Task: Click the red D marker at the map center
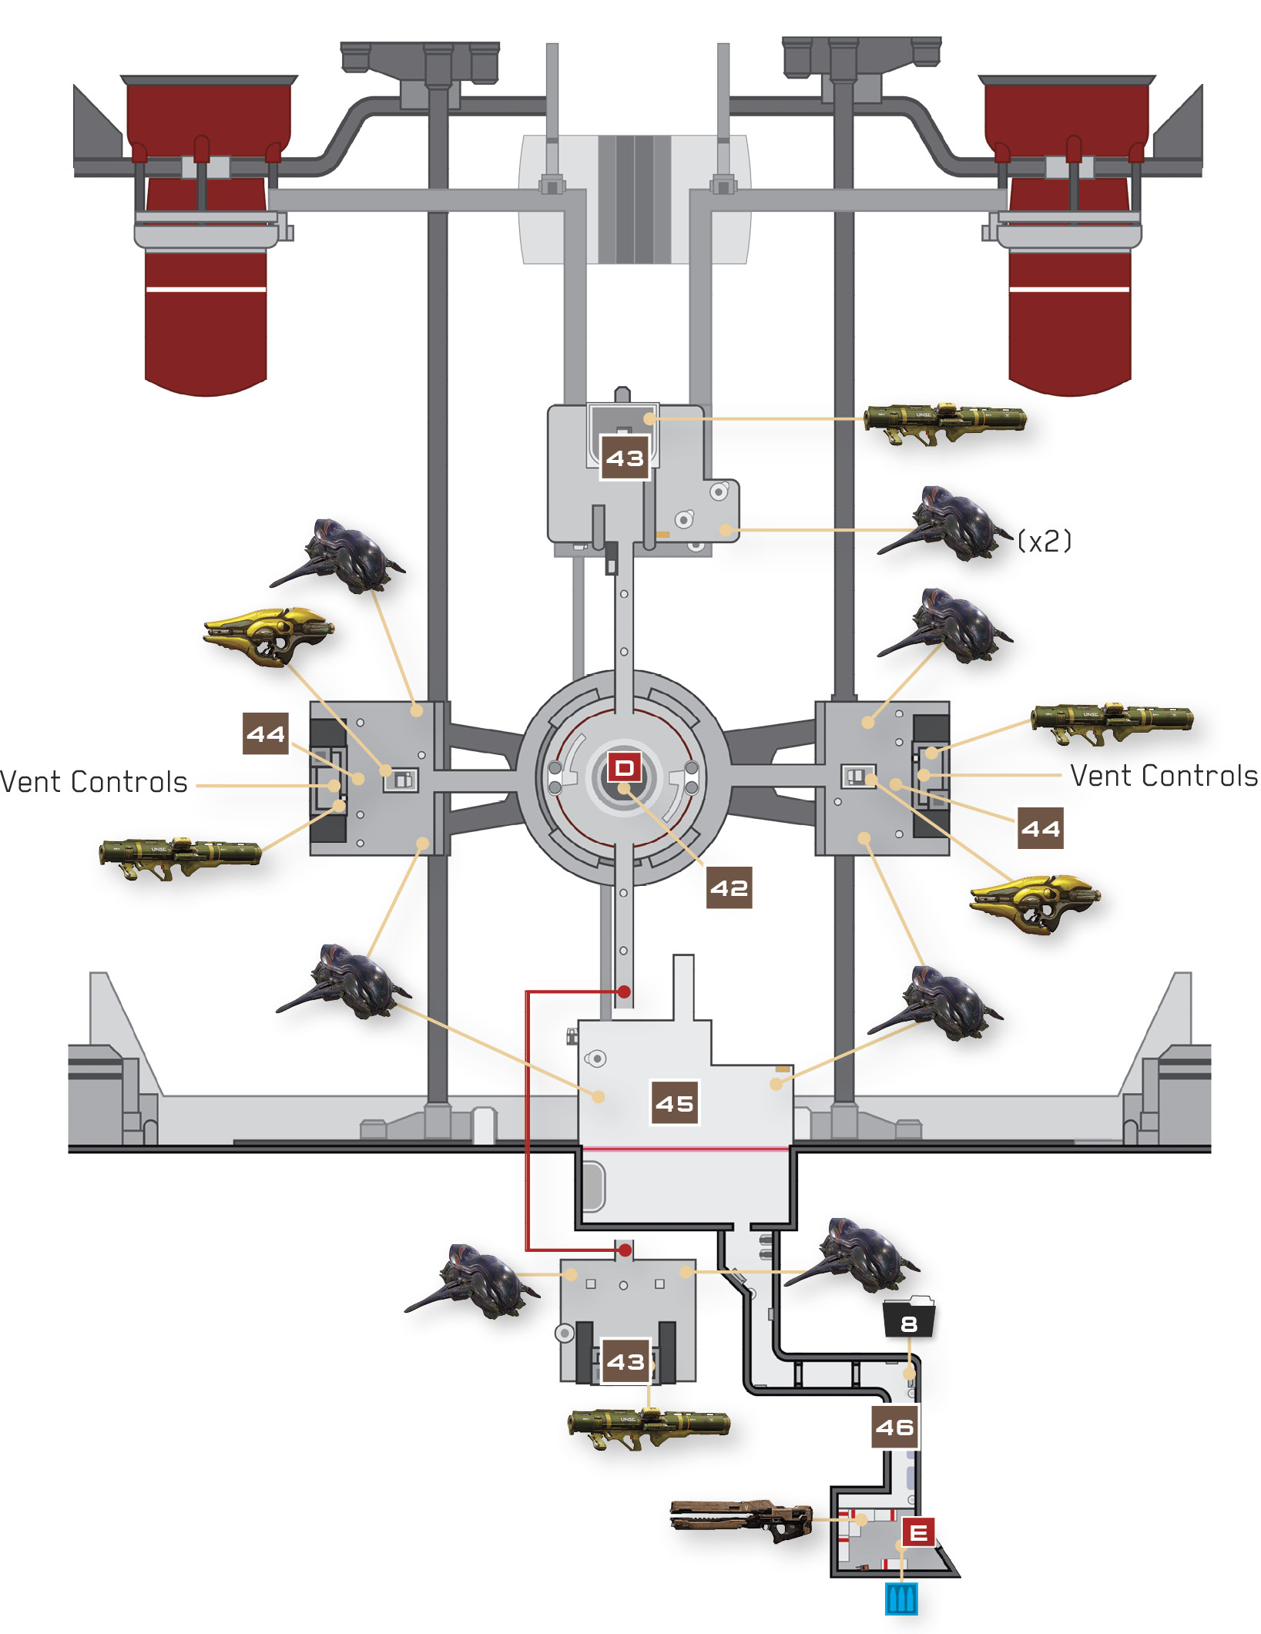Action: point(624,767)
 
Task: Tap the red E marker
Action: point(918,1532)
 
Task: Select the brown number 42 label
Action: point(729,888)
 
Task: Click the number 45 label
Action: point(675,1103)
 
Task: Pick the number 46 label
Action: point(895,1427)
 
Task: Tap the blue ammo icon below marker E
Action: point(901,1599)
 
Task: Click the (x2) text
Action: point(1044,541)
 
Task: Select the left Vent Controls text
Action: point(94,782)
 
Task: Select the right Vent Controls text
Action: point(1164,776)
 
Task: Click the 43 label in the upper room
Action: point(625,458)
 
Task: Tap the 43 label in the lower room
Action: point(625,1361)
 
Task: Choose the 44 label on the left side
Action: point(266,733)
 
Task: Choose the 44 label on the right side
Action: point(1041,828)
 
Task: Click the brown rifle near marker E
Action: point(741,1519)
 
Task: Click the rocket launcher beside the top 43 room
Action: point(945,423)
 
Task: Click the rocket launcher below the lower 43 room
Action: point(649,1428)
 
